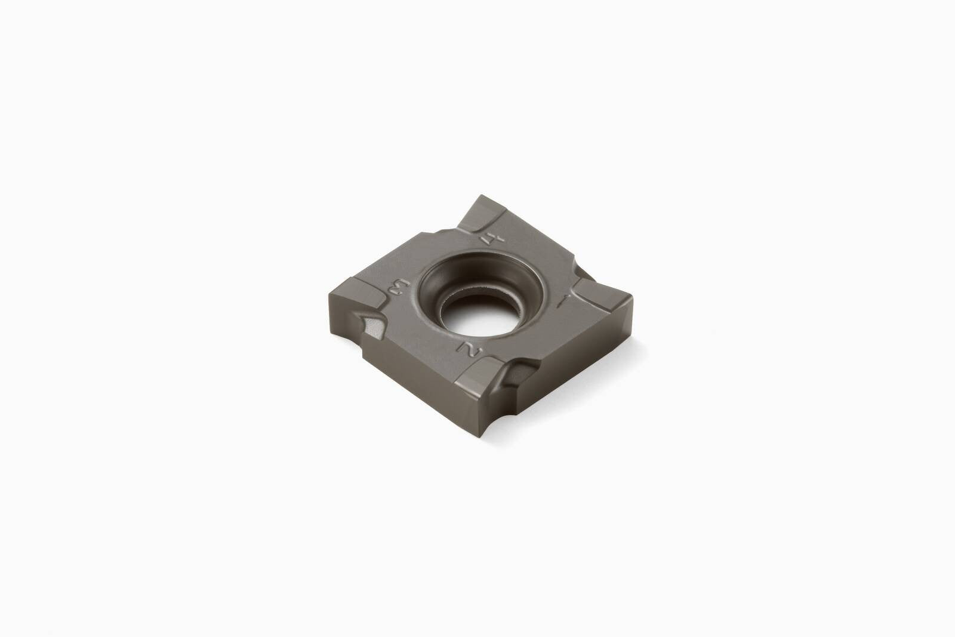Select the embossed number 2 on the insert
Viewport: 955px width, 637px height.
tap(469, 350)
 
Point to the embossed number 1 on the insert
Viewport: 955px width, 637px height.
tap(563, 301)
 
